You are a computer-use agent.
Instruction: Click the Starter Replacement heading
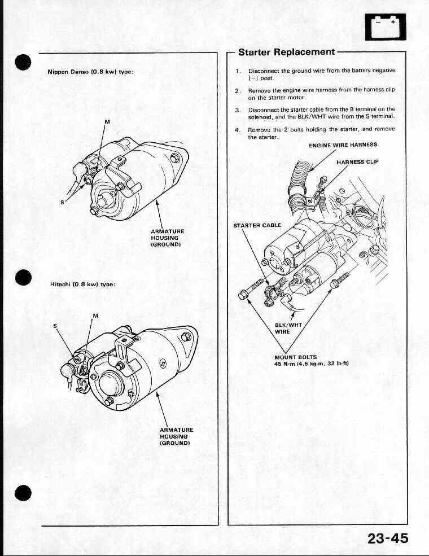point(286,52)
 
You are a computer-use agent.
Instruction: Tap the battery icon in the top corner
point(386,27)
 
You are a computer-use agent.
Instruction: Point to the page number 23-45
point(388,539)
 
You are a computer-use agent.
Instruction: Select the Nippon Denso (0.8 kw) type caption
point(90,72)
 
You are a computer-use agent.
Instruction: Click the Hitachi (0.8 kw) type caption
point(83,284)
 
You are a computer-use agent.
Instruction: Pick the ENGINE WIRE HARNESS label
point(343,145)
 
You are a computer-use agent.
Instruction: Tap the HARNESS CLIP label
point(357,162)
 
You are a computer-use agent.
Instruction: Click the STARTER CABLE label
point(257,225)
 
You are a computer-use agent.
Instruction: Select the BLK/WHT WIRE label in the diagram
point(288,328)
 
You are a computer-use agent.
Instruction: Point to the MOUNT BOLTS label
point(295,357)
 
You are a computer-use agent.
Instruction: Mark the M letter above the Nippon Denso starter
point(107,121)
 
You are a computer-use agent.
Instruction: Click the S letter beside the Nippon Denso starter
point(63,202)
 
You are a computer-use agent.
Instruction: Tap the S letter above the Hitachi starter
point(55,326)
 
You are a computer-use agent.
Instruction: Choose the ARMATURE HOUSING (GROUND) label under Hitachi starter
point(176,436)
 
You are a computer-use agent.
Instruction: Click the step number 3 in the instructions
point(237,110)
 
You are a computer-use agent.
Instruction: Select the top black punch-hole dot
point(23,62)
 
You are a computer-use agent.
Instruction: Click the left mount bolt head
point(243,295)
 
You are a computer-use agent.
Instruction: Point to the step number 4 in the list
point(237,130)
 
